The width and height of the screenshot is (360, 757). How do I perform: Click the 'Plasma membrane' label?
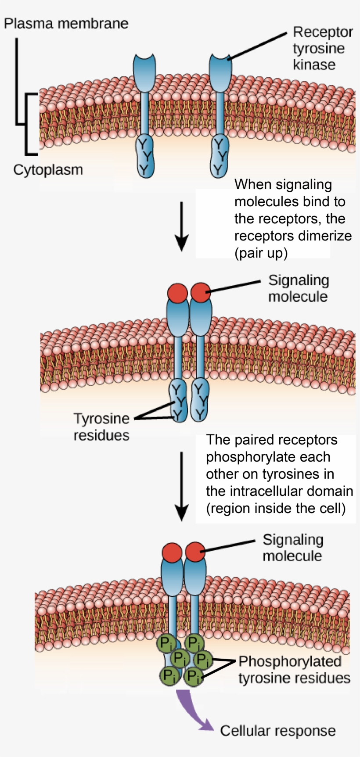(x=66, y=23)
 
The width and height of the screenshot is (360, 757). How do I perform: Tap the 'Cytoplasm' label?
(x=48, y=170)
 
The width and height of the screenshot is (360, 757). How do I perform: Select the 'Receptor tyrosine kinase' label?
(x=322, y=48)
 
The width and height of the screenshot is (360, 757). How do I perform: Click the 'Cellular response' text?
(x=277, y=731)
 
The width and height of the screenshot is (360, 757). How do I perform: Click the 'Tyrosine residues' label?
(x=101, y=427)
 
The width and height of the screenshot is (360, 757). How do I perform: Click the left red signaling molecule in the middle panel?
(x=178, y=292)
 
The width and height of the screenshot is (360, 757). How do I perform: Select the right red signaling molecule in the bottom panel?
(x=195, y=552)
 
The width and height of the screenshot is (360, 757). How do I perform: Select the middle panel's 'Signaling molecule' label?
(x=298, y=288)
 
